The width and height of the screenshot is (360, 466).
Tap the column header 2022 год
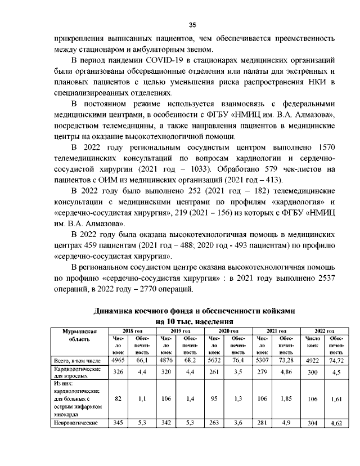point(323,331)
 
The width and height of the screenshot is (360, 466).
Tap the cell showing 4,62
point(336,422)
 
